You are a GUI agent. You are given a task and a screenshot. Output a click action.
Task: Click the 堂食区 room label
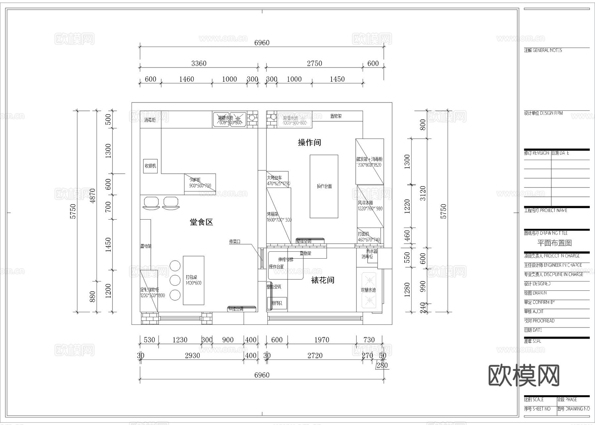point(201,222)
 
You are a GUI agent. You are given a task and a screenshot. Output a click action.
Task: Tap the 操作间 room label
point(309,143)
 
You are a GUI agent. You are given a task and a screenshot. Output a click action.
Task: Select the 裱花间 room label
point(323,280)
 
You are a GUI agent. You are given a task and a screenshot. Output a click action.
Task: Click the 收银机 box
point(150,166)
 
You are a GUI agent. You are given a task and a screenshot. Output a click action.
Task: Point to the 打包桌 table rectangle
point(193,280)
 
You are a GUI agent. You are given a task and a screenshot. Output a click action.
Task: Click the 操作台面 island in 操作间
point(324,187)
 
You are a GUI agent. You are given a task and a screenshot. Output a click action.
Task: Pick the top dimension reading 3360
point(199,64)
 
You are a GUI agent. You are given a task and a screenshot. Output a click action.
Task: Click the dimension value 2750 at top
point(314,64)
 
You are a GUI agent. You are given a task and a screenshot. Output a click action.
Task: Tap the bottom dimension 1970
point(322,340)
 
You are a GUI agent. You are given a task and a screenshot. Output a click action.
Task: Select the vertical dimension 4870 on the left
point(92,195)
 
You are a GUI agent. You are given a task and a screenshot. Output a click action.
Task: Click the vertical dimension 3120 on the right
point(423,193)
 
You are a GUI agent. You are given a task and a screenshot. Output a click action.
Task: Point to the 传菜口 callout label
point(235,242)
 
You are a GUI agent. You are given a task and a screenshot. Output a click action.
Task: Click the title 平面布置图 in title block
point(554,243)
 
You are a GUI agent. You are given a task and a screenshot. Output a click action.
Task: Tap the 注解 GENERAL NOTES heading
point(543,50)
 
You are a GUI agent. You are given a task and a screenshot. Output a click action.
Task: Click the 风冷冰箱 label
point(366,203)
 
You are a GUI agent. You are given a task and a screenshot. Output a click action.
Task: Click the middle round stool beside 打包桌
point(175,280)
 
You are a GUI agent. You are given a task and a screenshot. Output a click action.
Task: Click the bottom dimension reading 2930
point(192,356)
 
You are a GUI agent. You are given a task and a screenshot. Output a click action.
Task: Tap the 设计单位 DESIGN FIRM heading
point(543,113)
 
